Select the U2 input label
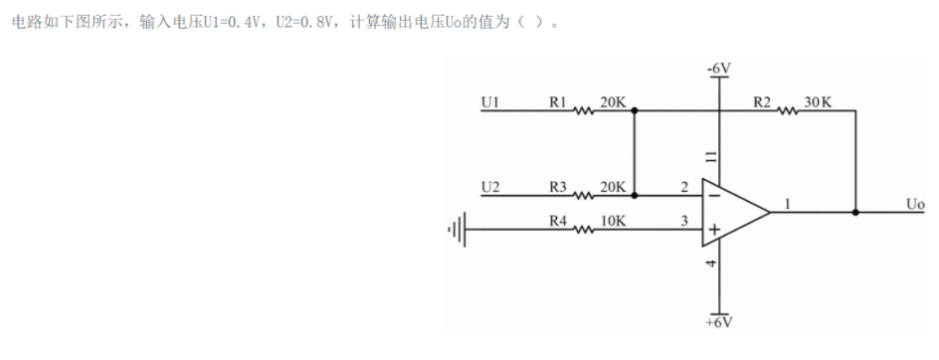click(x=489, y=185)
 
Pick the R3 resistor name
click(x=557, y=185)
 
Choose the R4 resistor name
click(x=557, y=220)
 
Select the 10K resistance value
click(x=614, y=220)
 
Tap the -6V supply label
click(x=718, y=68)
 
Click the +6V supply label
click(x=718, y=323)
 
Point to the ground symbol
click(x=457, y=230)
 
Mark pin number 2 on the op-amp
click(x=684, y=186)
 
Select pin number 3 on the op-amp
click(x=684, y=220)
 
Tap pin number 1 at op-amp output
click(x=787, y=203)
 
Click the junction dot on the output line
click(x=855, y=212)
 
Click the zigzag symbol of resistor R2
click(x=788, y=110)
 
